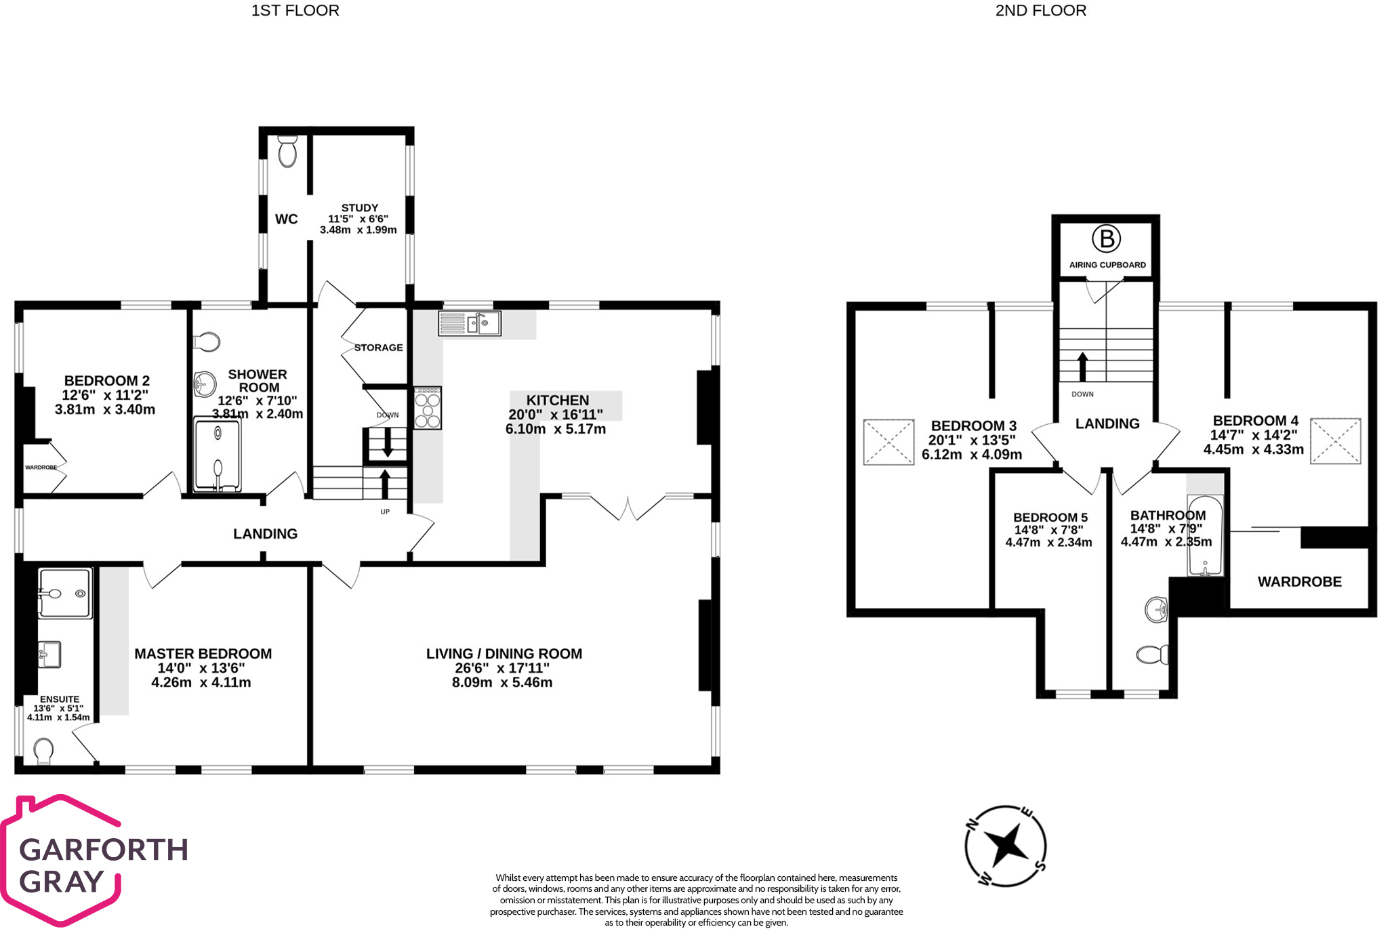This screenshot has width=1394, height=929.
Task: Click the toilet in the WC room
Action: (288, 150)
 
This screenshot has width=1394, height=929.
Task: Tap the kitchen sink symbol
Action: (470, 323)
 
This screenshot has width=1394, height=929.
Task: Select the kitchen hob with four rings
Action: (428, 408)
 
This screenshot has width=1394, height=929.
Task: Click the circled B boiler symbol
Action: (1106, 239)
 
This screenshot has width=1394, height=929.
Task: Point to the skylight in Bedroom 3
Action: (888, 442)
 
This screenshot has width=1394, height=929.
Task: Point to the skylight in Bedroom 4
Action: (1335, 441)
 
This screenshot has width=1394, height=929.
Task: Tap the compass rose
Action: (1006, 846)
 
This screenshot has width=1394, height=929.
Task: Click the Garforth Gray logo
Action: (95, 860)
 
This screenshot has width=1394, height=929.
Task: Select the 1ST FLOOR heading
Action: (295, 11)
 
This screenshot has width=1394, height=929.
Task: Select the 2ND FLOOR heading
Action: (1041, 11)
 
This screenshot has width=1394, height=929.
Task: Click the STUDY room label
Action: (360, 208)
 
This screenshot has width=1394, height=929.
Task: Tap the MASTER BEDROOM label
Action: (203, 654)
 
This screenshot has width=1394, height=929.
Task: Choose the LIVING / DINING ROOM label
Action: (504, 654)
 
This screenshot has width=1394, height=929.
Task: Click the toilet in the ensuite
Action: (43, 751)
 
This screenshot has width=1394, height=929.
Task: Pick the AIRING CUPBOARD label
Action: (1107, 265)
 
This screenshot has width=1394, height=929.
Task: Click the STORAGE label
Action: (379, 348)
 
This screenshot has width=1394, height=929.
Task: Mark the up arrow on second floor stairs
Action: (1082, 367)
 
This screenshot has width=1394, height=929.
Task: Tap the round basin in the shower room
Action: (205, 384)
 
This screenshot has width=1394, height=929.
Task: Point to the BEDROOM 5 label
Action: (1050, 518)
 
